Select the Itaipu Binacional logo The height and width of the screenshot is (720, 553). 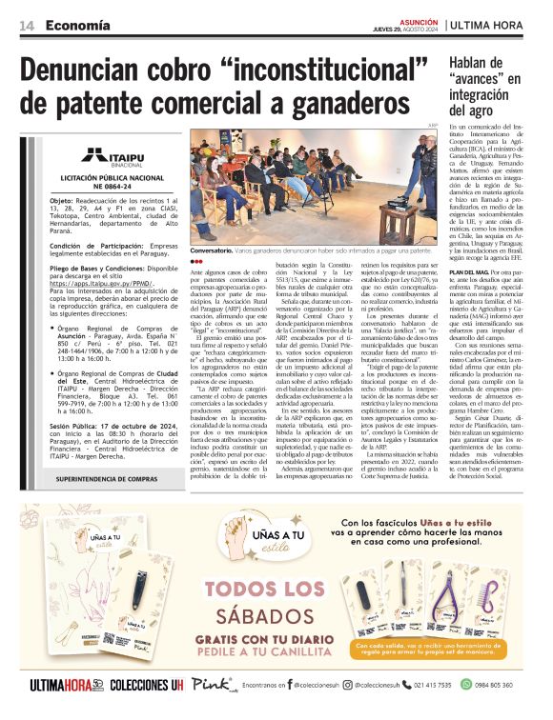110,157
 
